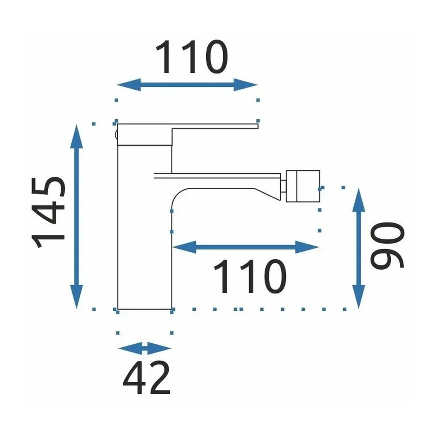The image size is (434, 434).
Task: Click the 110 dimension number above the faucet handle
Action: pos(192,57)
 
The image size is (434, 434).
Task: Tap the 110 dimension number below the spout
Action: pos(250,276)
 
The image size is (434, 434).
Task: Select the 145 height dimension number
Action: pos(48,212)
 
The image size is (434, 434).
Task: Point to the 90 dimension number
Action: pos(387,245)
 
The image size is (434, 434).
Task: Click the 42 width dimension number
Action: pos(147,378)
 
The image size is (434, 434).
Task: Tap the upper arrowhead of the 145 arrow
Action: pos(77,136)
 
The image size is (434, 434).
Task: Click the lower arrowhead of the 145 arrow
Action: pos(77,297)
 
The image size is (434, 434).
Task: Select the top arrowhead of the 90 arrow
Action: pos(359,200)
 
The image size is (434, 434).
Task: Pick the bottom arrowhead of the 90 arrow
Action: pos(359,297)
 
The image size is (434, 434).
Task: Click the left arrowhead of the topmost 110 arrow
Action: pos(129,85)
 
